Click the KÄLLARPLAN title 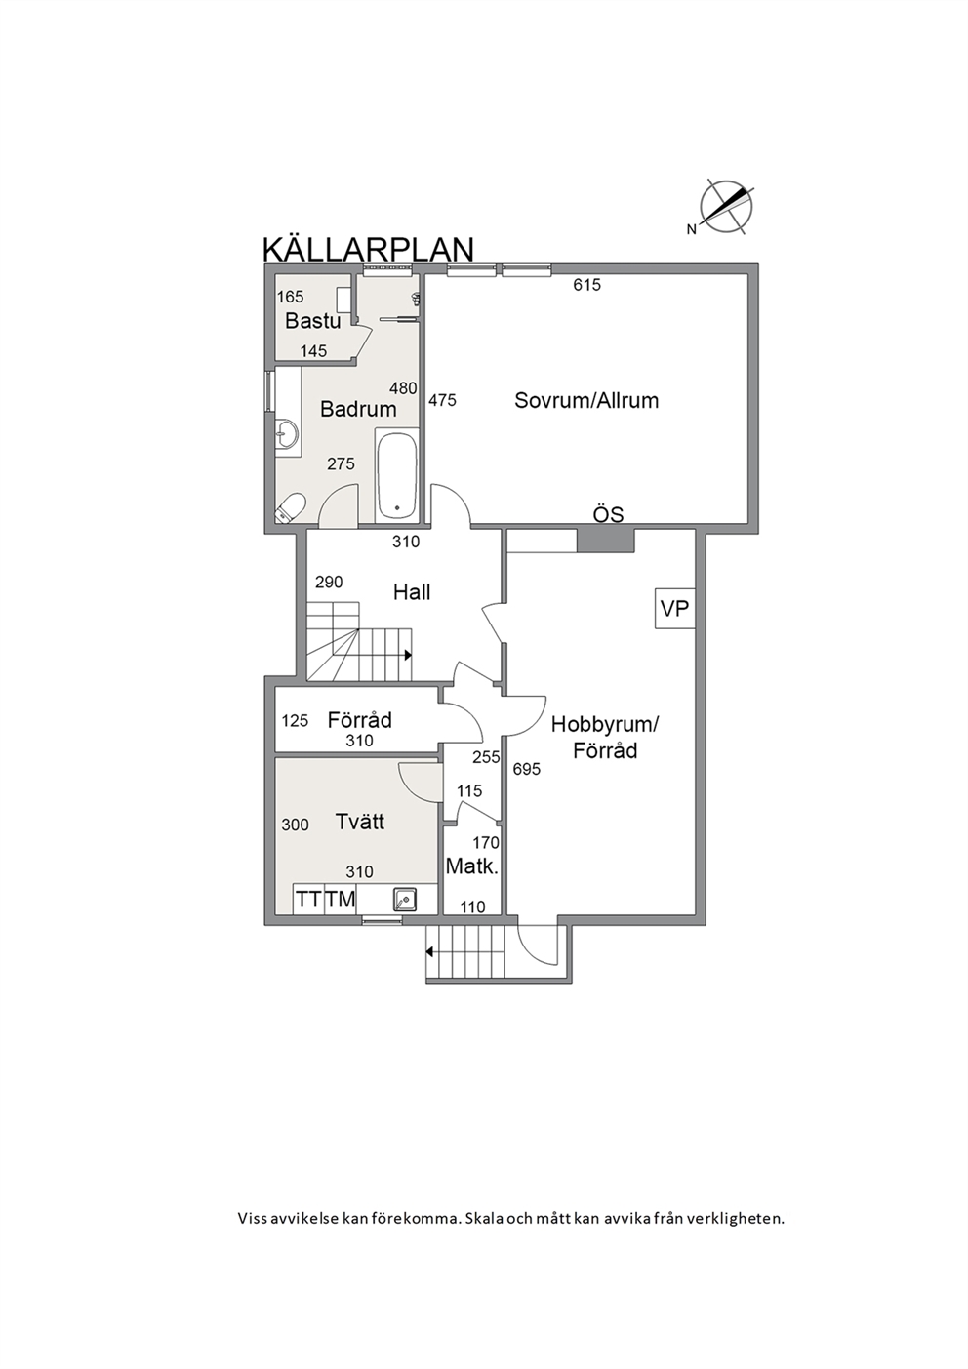368,250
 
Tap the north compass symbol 724,207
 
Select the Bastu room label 313,320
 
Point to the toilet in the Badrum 291,508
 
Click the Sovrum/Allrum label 586,400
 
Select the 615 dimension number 586,285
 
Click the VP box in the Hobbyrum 674,608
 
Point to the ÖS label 608,514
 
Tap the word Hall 412,591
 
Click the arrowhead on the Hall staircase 408,655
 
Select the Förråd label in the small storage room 359,719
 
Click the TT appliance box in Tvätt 308,899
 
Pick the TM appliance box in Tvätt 340,899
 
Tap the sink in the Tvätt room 405,899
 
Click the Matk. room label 471,866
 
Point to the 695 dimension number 526,769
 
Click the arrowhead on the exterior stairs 430,951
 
